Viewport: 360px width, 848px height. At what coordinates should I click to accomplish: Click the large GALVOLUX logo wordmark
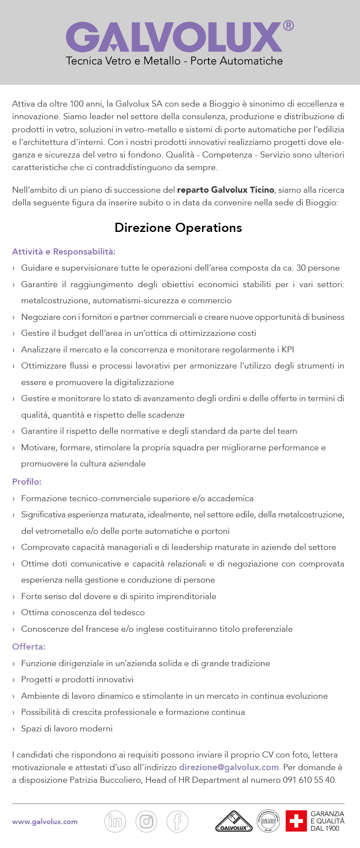174,37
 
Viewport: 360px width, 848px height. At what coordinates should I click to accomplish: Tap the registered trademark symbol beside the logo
288,26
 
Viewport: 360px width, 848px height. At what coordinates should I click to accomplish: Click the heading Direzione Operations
178,228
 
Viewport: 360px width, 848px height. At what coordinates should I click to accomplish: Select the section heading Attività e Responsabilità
64,251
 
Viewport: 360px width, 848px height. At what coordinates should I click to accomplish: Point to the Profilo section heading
27,482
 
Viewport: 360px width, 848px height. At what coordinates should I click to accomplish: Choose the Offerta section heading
29,647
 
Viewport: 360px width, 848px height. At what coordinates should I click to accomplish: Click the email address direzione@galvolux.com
229,767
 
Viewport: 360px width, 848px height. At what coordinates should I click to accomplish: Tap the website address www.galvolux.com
45,821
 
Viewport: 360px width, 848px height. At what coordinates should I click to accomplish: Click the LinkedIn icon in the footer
115,821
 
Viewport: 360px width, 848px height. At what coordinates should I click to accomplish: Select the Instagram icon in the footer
146,821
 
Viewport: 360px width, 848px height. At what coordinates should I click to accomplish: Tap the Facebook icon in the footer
178,821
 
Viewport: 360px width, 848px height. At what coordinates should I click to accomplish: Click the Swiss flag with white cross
296,821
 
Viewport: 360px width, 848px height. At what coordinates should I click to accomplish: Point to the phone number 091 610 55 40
309,780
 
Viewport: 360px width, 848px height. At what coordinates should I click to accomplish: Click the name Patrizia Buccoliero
106,780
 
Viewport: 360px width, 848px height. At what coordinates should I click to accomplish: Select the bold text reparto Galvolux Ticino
225,190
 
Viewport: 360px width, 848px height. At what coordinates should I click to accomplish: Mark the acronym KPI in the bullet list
287,349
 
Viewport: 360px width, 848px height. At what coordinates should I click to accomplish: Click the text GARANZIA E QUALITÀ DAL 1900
327,821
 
